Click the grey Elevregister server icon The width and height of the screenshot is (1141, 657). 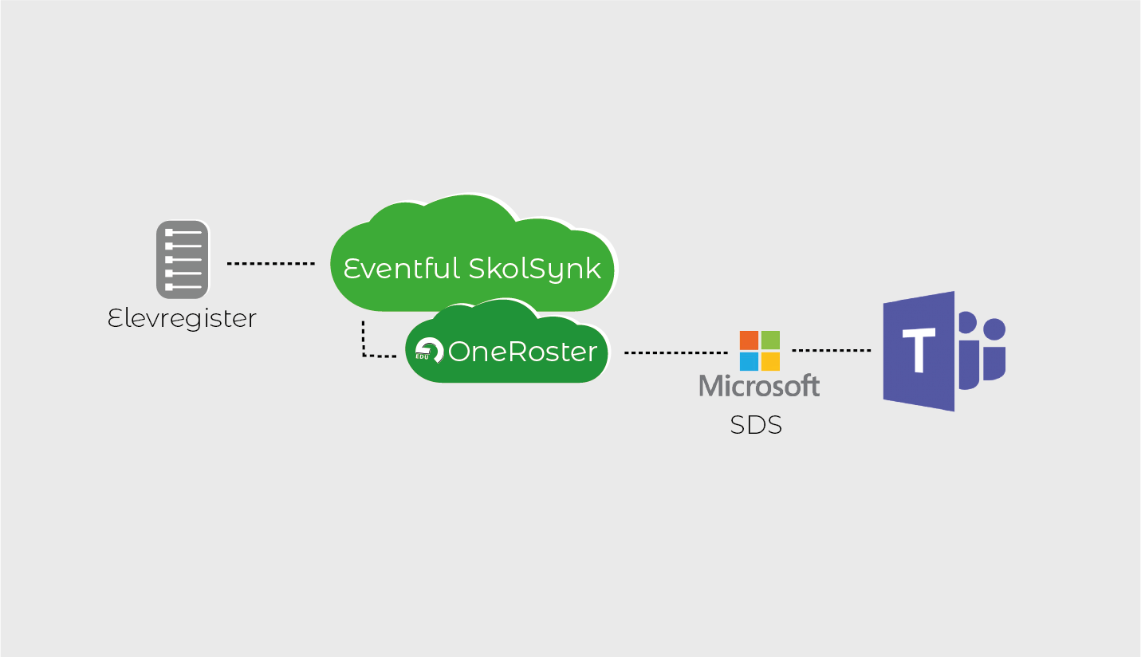183,260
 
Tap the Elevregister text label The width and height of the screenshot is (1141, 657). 182,320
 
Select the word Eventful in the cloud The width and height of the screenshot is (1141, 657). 401,269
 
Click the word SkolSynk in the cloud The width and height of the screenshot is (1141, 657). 534,269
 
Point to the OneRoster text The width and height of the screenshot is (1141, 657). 522,352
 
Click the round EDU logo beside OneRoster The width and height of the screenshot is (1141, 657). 429,351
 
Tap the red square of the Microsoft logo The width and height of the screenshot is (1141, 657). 749,340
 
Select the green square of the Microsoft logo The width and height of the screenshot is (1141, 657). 770,340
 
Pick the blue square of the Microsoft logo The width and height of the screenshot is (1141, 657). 749,362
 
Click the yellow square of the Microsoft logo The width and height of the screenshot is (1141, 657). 770,362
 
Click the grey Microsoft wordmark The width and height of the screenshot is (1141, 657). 759,386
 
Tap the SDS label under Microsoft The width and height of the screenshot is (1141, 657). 756,425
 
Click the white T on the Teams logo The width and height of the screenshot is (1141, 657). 919,350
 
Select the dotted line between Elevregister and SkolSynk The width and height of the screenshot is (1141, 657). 271,263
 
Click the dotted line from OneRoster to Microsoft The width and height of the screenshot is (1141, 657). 676,352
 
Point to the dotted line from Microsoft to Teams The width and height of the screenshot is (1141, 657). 832,350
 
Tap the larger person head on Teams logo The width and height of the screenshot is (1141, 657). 994,329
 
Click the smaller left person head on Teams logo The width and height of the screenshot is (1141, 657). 967,322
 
